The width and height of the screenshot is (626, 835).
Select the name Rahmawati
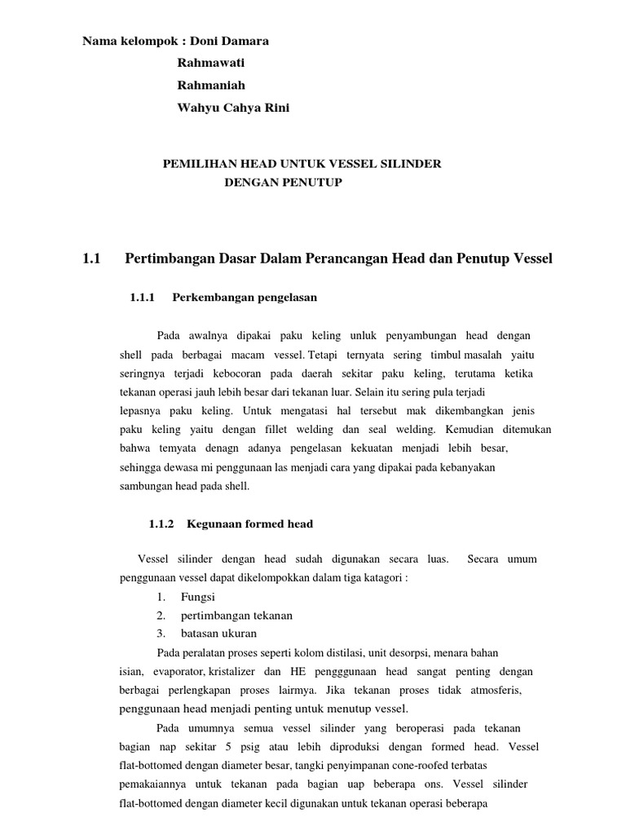click(x=210, y=63)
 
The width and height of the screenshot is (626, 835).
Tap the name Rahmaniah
click(x=210, y=85)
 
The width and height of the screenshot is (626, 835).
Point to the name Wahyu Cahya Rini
click(x=232, y=108)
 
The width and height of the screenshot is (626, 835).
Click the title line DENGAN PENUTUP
click(x=283, y=183)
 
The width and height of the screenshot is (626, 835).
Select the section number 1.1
click(x=91, y=259)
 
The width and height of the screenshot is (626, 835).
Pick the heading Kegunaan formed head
click(x=250, y=524)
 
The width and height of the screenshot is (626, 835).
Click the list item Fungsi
click(x=197, y=597)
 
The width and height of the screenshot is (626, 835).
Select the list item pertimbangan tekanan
click(x=236, y=615)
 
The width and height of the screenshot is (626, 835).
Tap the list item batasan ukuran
click(x=218, y=633)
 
